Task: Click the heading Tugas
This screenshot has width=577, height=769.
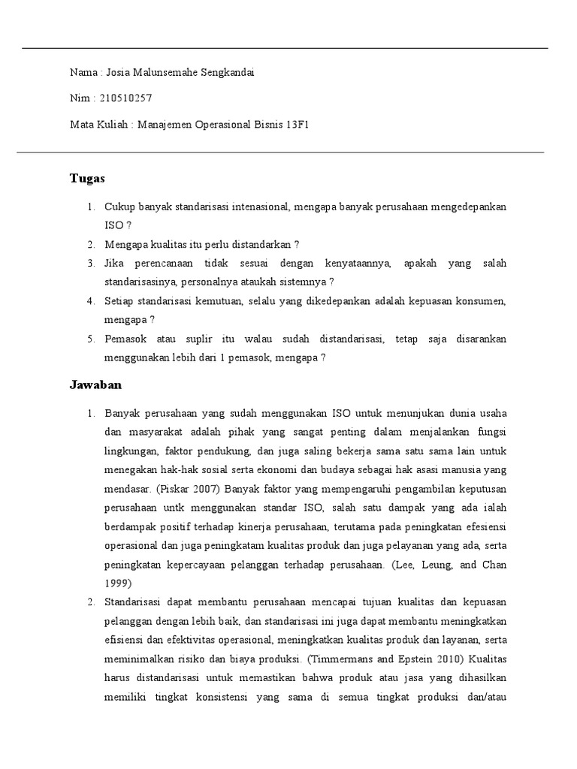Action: point(87,179)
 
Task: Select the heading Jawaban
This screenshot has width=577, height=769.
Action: point(95,385)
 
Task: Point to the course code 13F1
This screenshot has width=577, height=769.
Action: point(298,124)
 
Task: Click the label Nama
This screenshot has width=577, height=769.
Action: point(83,73)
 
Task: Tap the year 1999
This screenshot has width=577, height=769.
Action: point(118,583)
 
